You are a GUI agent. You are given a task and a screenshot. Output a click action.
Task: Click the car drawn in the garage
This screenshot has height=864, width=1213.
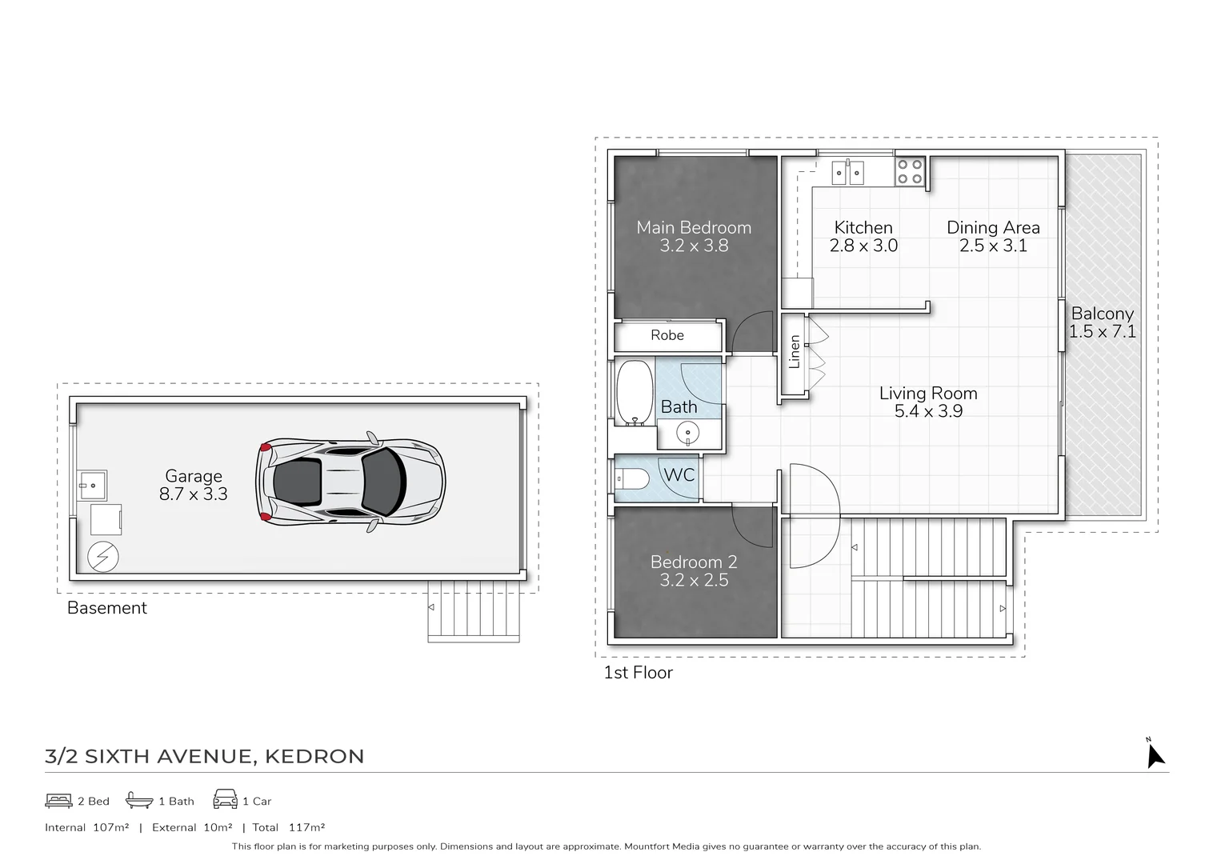coord(350,482)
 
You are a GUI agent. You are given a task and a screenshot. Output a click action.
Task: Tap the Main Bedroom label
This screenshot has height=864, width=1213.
coord(694,228)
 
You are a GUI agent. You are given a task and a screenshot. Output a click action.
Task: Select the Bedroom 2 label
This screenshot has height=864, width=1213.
coord(694,562)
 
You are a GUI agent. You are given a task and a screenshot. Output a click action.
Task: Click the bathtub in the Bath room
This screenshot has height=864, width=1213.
coord(635,392)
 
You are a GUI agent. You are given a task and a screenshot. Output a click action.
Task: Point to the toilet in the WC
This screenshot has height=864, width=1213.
coord(632,479)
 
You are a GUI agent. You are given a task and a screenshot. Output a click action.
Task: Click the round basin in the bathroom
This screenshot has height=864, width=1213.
coord(687,434)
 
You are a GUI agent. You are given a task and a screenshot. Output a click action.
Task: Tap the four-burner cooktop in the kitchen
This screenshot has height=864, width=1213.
coord(910,172)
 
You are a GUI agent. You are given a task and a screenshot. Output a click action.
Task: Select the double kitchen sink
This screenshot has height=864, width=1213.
coord(847,172)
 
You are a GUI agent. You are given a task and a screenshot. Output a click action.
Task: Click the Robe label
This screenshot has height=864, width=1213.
coord(667,336)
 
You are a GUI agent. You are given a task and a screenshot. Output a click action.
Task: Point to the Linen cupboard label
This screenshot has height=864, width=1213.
coord(795,352)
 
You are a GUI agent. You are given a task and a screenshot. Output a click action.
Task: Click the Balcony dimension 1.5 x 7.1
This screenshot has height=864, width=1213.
coord(1103,332)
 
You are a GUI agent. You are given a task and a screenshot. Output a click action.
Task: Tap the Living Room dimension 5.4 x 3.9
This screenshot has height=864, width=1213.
coord(928,412)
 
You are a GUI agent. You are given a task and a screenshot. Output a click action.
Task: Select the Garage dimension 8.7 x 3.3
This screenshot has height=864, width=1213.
coord(193,494)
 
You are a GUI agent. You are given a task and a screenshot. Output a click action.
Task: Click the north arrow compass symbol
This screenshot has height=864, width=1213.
coord(1155,754)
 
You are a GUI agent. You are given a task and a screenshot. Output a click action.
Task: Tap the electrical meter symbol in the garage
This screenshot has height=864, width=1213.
coord(103,557)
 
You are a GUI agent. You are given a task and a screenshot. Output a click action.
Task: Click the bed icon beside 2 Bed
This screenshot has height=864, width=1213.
coord(58,800)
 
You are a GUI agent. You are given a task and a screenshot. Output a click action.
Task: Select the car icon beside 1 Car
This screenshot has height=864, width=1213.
coord(225,800)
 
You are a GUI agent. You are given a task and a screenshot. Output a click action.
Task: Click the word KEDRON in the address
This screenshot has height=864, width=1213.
coord(314,756)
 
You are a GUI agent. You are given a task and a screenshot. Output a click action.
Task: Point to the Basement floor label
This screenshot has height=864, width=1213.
coord(107,608)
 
